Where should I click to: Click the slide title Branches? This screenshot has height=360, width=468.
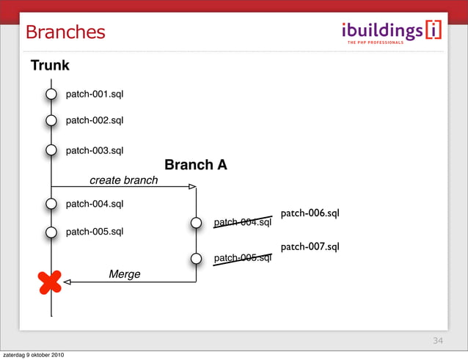click(x=65, y=32)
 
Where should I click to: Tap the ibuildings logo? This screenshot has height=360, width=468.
click(x=392, y=32)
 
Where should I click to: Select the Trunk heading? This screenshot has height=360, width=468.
click(x=50, y=66)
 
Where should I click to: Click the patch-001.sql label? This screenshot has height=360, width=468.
click(x=95, y=95)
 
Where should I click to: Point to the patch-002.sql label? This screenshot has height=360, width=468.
click(x=95, y=120)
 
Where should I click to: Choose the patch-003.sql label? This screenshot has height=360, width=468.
click(x=95, y=151)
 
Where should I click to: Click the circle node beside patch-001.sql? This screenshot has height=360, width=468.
click(x=51, y=95)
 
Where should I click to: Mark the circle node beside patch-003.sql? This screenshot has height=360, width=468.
click(x=51, y=151)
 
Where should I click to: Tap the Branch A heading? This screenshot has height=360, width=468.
click(x=195, y=166)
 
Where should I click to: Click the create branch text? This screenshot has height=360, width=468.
click(x=123, y=180)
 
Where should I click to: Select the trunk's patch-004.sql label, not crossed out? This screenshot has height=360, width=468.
click(x=95, y=204)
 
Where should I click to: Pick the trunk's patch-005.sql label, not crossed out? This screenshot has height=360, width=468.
click(x=95, y=232)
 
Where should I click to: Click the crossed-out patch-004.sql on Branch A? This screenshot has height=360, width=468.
click(x=242, y=222)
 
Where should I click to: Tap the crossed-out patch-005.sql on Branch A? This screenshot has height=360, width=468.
click(x=242, y=258)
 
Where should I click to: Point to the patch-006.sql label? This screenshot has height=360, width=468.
click(x=310, y=213)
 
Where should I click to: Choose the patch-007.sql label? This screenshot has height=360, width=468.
click(x=310, y=247)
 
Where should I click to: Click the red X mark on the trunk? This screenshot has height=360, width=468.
click(x=50, y=282)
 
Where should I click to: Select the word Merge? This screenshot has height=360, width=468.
click(x=124, y=274)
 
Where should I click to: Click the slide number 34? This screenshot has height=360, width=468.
click(x=438, y=341)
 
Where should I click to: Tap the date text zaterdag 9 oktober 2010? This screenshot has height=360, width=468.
click(x=33, y=356)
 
